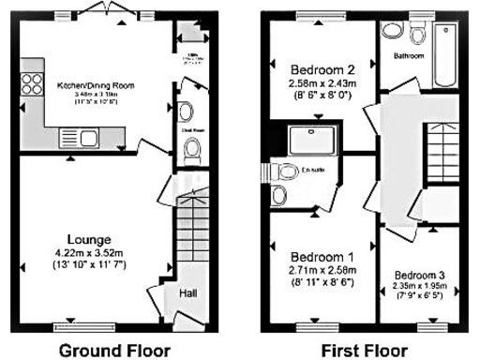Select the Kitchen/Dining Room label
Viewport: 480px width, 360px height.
[x=96, y=85]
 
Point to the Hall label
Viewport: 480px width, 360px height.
[x=187, y=293]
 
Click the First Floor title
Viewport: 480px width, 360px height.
[x=365, y=351]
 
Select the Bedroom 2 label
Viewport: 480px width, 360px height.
[x=322, y=69]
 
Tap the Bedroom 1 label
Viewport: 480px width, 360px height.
[x=322, y=257]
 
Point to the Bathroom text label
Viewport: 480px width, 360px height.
[x=409, y=56]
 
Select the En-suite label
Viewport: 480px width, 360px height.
[x=314, y=170]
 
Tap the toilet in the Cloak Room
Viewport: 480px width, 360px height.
[x=193, y=149]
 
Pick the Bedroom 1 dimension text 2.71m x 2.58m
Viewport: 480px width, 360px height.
[x=322, y=270]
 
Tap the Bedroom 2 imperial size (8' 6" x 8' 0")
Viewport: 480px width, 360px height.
[x=322, y=95]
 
